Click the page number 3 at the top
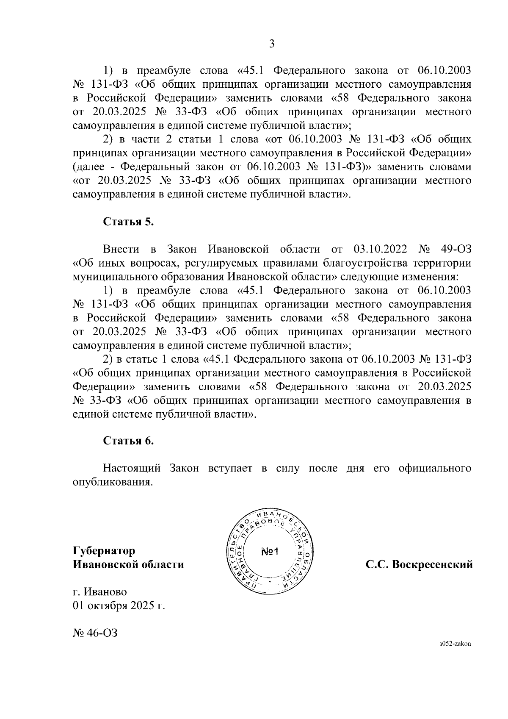pos(272,44)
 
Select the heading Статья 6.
pos(129,441)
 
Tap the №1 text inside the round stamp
pos(269,552)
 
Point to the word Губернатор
pos(104,551)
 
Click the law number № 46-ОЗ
pos(95,633)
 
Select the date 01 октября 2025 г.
pos(119,605)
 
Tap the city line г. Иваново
pos(100,591)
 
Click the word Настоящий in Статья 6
pos(132,468)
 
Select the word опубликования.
pos(112,482)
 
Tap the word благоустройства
pos(366,263)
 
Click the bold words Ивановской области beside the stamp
pos(129,564)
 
